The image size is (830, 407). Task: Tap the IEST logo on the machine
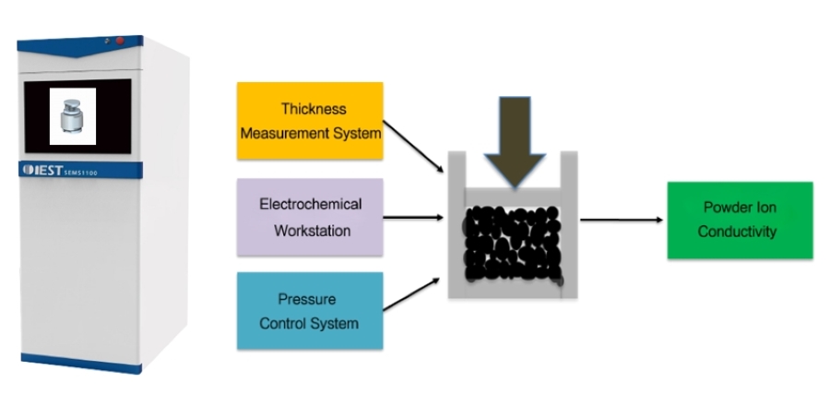click(x=46, y=170)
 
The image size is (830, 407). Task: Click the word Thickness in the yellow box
click(x=309, y=110)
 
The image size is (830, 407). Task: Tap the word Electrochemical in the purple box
click(x=310, y=204)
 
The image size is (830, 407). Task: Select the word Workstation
click(x=310, y=231)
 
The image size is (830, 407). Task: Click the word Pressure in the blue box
click(x=309, y=299)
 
